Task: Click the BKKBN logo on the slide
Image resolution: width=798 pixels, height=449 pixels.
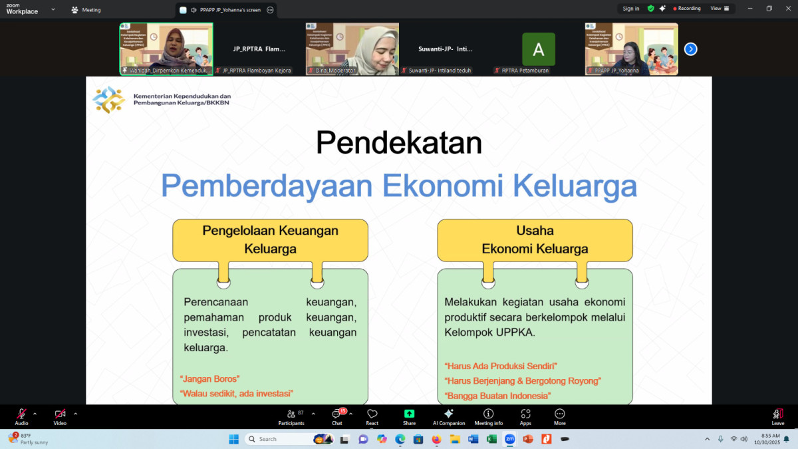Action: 108,100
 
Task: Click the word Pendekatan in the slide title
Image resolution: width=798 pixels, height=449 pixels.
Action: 399,143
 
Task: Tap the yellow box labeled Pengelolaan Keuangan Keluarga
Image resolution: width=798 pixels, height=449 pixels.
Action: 270,240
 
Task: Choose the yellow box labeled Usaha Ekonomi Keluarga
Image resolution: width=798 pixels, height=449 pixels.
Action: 535,240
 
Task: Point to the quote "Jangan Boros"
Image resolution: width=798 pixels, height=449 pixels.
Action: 210,378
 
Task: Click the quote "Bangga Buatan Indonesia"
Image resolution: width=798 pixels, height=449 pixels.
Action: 498,396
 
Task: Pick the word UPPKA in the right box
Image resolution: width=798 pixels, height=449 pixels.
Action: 515,332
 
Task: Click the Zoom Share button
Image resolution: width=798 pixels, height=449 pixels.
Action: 409,416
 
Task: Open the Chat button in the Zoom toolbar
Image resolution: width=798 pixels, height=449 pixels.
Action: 337,416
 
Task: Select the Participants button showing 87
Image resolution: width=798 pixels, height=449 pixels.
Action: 291,416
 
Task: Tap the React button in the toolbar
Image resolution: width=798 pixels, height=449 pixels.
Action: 372,416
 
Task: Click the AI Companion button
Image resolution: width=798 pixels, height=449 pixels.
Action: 449,416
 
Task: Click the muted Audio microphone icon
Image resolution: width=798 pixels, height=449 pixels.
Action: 21,414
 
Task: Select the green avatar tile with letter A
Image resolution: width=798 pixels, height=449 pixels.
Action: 538,49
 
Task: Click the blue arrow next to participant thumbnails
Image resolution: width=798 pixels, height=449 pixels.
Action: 690,49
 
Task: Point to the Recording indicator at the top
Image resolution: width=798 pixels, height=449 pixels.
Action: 687,9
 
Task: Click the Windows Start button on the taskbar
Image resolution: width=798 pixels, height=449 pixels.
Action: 233,439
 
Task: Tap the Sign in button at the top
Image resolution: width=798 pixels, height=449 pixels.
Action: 630,9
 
